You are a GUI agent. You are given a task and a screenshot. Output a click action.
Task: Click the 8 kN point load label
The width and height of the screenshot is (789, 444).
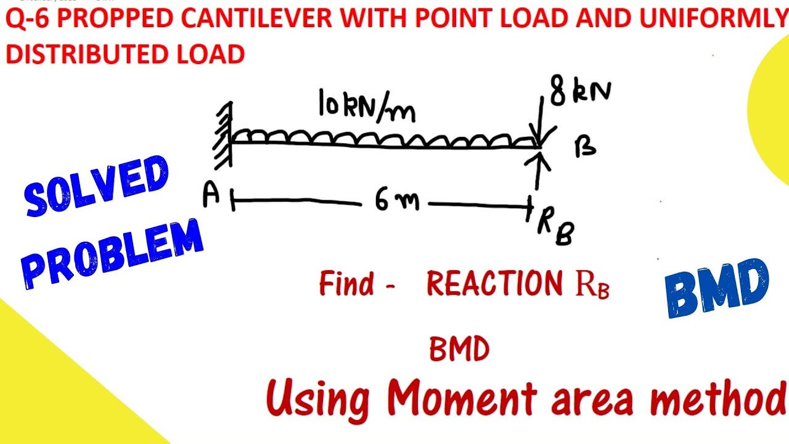point(581,90)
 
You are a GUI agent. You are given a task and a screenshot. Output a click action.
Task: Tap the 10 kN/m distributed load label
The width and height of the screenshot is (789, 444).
point(367,105)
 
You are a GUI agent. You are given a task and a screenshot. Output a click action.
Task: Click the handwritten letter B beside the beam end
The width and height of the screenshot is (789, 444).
point(585,148)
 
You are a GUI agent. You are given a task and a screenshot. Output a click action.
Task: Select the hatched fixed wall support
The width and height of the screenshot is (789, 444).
point(223,135)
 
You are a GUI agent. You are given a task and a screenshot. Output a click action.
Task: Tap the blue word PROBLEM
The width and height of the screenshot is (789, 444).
point(113,253)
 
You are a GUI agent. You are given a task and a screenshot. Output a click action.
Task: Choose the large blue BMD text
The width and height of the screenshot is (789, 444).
point(717,288)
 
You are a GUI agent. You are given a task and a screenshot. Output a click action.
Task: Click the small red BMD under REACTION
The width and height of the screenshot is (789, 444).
point(460,349)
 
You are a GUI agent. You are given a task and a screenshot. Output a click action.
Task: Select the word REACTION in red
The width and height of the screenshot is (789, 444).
point(494,283)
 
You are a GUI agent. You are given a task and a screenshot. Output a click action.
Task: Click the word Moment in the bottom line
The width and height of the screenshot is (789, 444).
point(462,398)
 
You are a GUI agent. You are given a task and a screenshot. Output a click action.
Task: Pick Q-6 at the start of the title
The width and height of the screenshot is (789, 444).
point(27,18)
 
